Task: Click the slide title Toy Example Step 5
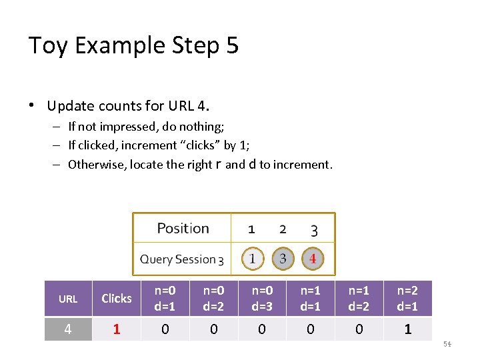[x=133, y=45]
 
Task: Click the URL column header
[x=68, y=299]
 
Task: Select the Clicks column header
[x=117, y=299]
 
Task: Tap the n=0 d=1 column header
[x=165, y=298]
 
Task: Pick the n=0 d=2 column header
[x=213, y=298]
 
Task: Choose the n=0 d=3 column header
[x=262, y=298]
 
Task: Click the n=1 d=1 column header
[x=311, y=298]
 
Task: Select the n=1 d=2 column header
[x=359, y=298]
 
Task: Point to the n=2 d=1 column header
[x=407, y=298]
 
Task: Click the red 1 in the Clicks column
[x=117, y=329]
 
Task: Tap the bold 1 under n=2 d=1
[x=407, y=329]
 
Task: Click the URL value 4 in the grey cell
[x=68, y=329]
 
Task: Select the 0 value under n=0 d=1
[x=165, y=329]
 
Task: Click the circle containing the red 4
[x=313, y=258]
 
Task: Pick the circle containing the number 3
[x=283, y=258]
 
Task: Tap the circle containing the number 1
[x=252, y=258]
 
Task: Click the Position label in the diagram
[x=183, y=229]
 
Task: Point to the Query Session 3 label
[x=181, y=259]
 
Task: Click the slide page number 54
[x=447, y=343]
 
